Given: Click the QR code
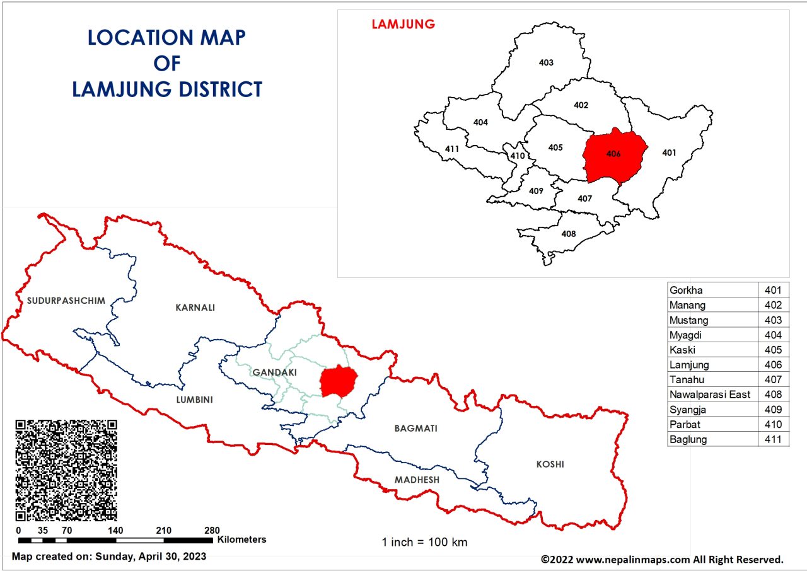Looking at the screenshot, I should click(66, 469).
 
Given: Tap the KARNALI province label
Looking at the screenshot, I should click(195, 308).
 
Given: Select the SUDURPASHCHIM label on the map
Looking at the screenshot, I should click(66, 301).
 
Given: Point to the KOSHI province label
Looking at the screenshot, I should click(550, 464).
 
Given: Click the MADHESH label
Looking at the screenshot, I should click(417, 480).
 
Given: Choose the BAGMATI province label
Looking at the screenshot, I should click(415, 429).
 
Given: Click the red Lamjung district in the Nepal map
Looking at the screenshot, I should click(339, 381).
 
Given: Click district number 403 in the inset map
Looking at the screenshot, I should click(546, 62).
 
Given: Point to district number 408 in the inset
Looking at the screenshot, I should click(568, 234).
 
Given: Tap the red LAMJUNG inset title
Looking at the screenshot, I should click(403, 25).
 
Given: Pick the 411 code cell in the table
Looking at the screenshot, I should click(773, 439).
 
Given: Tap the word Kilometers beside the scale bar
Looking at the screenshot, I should click(242, 539).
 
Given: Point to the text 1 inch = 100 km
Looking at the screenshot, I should click(424, 542).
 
